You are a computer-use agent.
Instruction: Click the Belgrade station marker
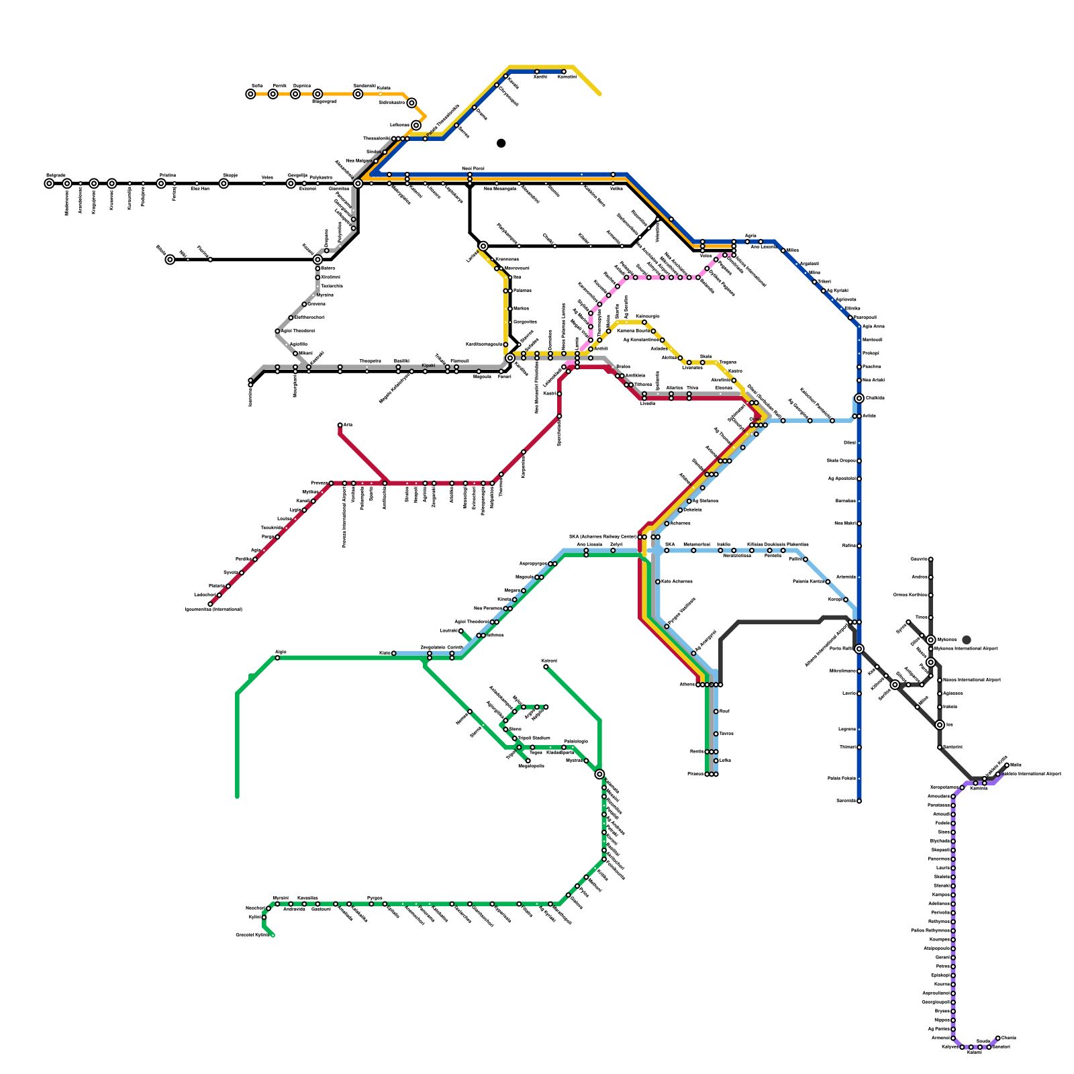click(49, 183)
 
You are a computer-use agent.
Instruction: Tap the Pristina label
click(167, 175)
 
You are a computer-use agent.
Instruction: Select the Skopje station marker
click(224, 183)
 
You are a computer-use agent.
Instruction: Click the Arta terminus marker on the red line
click(340, 425)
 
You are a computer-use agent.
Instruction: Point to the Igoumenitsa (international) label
click(213, 609)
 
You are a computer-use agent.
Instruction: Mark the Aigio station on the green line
click(277, 658)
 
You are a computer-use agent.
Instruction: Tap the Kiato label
click(385, 652)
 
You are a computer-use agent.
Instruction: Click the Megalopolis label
click(531, 766)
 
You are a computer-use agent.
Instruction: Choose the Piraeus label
click(695, 774)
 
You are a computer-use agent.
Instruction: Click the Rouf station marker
click(716, 711)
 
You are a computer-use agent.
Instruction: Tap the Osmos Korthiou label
click(912, 595)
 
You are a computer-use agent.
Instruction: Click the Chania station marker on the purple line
click(997, 1038)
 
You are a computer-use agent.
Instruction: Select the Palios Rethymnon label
click(930, 930)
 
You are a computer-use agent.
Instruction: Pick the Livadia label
click(647, 403)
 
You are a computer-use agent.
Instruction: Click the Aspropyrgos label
click(533, 563)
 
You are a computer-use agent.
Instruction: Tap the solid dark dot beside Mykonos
click(967, 640)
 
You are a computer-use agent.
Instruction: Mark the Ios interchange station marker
click(940, 725)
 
